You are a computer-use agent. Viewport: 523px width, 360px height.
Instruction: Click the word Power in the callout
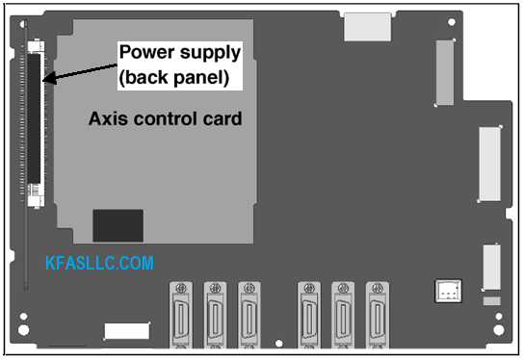(147, 52)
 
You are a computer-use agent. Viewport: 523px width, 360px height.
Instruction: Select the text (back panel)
(174, 78)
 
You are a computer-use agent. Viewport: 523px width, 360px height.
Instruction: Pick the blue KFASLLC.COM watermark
(99, 263)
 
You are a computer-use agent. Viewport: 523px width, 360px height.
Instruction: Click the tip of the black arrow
(43, 80)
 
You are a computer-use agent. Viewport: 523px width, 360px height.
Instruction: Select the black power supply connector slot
(34, 118)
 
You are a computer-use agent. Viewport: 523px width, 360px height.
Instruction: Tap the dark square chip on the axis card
(118, 225)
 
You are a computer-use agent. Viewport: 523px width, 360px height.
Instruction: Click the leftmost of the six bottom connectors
(181, 315)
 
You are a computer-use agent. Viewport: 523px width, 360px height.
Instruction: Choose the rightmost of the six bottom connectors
(378, 315)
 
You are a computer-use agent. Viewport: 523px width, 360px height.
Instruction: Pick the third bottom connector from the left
(249, 315)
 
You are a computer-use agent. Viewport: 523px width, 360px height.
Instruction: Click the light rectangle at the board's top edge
(368, 27)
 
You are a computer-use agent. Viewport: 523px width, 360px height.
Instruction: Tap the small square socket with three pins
(448, 291)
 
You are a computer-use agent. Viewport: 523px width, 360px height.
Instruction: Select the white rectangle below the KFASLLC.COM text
(127, 331)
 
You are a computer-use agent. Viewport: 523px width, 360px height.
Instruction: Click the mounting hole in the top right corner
(452, 22)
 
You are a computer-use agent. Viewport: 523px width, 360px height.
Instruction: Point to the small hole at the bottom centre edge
(279, 343)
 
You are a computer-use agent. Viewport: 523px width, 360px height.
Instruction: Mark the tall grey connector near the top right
(445, 72)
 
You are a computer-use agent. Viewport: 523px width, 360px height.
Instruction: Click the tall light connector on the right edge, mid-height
(490, 165)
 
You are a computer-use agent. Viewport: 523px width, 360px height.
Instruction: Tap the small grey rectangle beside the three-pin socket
(492, 301)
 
